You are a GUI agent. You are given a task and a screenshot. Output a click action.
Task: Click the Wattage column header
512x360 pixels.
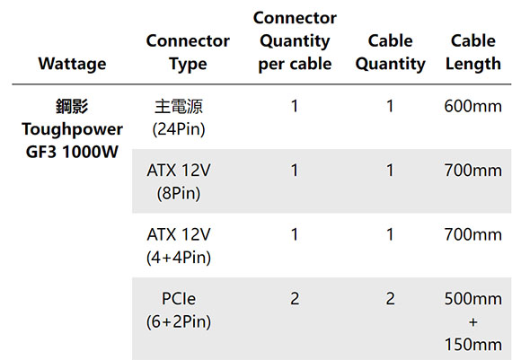pos(72,64)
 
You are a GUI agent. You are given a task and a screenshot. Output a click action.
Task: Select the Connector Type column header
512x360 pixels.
pos(188,52)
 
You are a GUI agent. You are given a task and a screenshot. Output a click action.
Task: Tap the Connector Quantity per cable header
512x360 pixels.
pos(295,40)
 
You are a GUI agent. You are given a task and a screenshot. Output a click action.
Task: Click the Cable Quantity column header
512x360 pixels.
pos(390,52)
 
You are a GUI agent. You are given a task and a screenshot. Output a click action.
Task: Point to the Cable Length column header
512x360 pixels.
pos(473,52)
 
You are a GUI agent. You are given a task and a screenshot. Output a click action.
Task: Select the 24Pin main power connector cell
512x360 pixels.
pos(179,118)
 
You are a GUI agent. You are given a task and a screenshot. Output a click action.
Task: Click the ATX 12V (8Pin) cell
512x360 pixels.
pos(179,181)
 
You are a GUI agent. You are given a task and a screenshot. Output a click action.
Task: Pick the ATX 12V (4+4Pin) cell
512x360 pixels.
pos(179,246)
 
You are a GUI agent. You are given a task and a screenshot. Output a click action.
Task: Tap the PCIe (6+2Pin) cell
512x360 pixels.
pos(179,310)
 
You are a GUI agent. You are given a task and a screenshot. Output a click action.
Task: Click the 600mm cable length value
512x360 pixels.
pos(473,107)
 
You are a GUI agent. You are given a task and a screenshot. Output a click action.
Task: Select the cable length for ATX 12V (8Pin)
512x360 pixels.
pos(473,171)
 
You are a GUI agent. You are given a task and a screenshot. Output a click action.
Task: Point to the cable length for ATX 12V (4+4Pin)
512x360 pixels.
pos(473,234)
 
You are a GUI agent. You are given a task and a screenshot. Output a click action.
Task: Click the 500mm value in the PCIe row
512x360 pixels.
pos(473,299)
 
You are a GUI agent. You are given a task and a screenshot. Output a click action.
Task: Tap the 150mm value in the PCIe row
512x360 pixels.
pos(473,345)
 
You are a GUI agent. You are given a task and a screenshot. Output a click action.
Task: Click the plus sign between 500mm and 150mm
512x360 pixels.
pos(473,322)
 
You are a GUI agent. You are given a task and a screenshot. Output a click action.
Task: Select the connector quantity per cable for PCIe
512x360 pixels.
pos(295,299)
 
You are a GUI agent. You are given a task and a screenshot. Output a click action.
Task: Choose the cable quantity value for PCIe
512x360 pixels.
pos(390,299)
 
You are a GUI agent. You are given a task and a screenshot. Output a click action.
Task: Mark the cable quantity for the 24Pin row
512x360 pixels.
pos(390,107)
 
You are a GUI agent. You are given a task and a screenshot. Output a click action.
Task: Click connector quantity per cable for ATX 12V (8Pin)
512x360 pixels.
pos(295,171)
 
